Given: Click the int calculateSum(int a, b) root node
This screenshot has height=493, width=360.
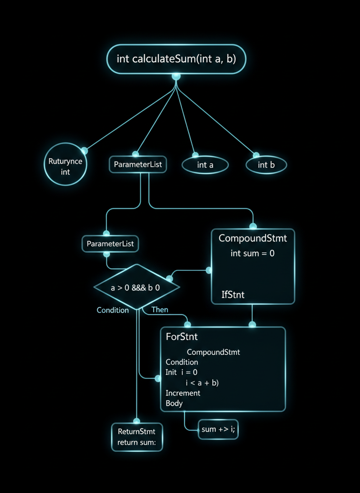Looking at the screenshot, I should pyautogui.click(x=176, y=59).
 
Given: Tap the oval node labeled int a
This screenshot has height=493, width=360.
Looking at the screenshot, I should pyautogui.click(x=205, y=165).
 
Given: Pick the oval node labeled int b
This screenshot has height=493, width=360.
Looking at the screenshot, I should pyautogui.click(x=266, y=165).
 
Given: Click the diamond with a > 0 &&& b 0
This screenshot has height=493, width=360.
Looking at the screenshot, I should pyautogui.click(x=137, y=287).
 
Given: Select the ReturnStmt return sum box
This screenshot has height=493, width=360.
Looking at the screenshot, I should pyautogui.click(x=137, y=437).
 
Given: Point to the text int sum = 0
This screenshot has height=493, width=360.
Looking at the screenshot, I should pyautogui.click(x=252, y=253).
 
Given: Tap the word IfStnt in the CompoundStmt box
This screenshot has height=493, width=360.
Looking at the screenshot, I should pyautogui.click(x=233, y=295).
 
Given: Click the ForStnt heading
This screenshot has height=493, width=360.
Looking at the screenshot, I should pyautogui.click(x=182, y=337).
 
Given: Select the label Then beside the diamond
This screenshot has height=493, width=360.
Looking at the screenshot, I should pyautogui.click(x=160, y=309).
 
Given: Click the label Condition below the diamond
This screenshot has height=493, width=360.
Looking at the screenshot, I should pyautogui.click(x=112, y=310).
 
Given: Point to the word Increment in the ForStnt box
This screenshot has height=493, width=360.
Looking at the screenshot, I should pyautogui.click(x=183, y=393).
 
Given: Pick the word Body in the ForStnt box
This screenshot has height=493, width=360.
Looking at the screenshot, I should pyautogui.click(x=174, y=403).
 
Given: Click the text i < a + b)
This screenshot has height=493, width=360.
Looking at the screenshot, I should pyautogui.click(x=202, y=383).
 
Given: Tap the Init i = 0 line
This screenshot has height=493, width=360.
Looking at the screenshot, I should pyautogui.click(x=182, y=372).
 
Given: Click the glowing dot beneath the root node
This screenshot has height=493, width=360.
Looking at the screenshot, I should pyautogui.click(x=176, y=76).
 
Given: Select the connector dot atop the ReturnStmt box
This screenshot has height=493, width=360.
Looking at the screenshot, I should pyautogui.click(x=137, y=421).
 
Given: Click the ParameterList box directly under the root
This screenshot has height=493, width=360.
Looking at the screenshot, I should pyautogui.click(x=138, y=164).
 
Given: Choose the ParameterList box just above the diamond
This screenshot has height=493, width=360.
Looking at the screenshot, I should pyautogui.click(x=110, y=244).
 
